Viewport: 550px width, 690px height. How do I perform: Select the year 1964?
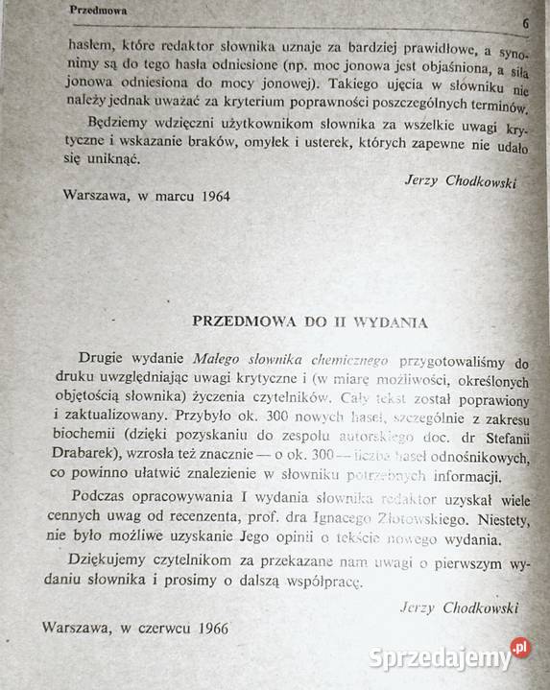[x=207, y=193]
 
